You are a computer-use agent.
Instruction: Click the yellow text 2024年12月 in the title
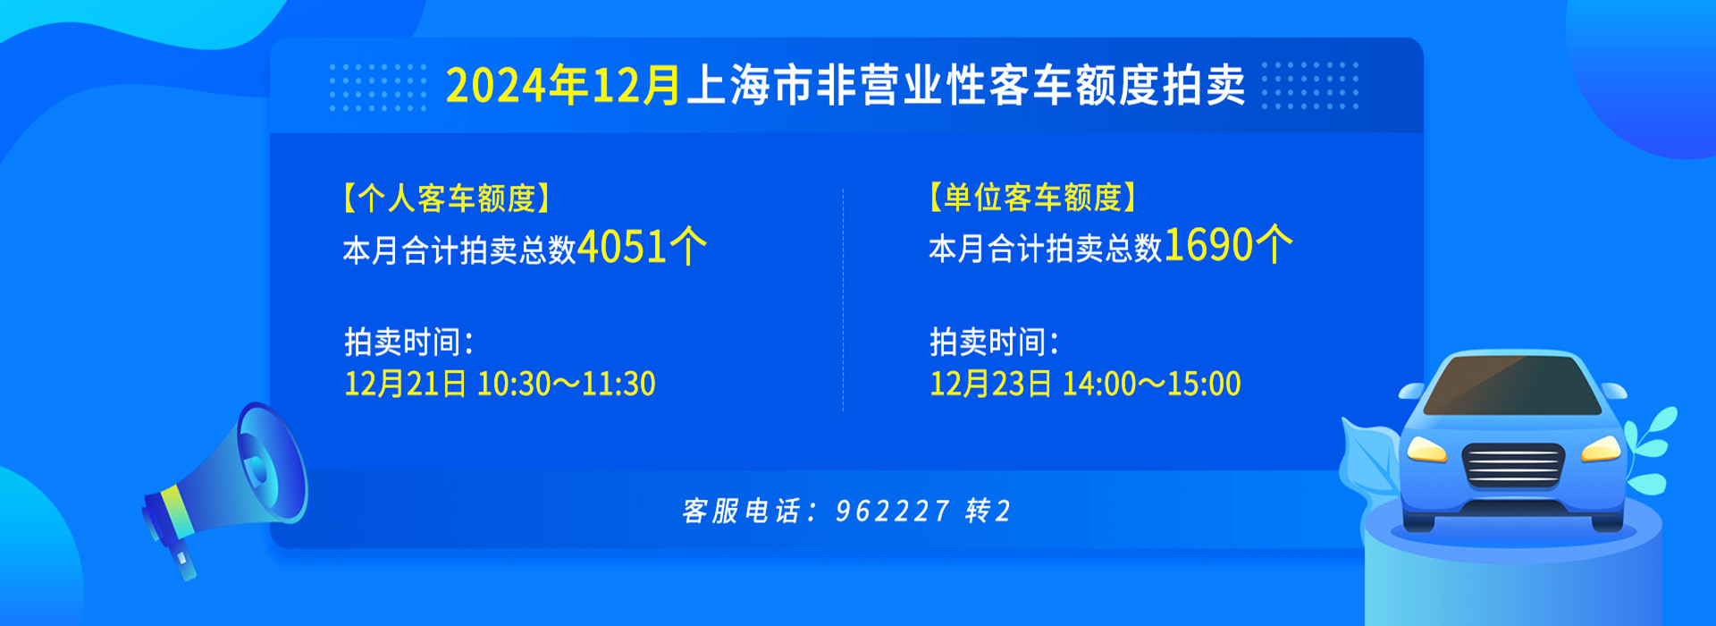point(563,86)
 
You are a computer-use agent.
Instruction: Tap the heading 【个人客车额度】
point(446,198)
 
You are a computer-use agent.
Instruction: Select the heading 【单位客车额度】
point(1032,197)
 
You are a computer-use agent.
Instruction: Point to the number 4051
point(622,247)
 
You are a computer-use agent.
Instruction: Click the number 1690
point(1208,244)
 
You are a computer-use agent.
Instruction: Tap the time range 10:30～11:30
point(567,384)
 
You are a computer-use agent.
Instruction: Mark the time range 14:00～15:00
point(1152,384)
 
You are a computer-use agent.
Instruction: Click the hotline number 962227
point(893,512)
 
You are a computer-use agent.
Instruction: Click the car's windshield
point(1512,385)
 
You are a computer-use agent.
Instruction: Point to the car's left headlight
point(1427,449)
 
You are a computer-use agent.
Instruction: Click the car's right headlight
point(1601,448)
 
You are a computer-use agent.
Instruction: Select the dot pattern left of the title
point(378,87)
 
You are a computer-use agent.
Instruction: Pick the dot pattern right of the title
point(1310,86)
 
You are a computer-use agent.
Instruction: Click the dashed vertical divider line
point(843,300)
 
